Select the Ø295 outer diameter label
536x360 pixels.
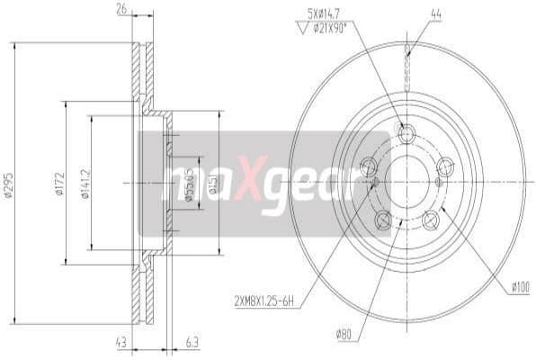click(9, 184)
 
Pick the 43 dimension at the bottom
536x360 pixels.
click(121, 343)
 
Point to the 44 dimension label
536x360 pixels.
click(410, 13)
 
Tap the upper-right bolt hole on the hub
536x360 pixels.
click(445, 166)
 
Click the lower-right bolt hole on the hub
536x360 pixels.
click(431, 219)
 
